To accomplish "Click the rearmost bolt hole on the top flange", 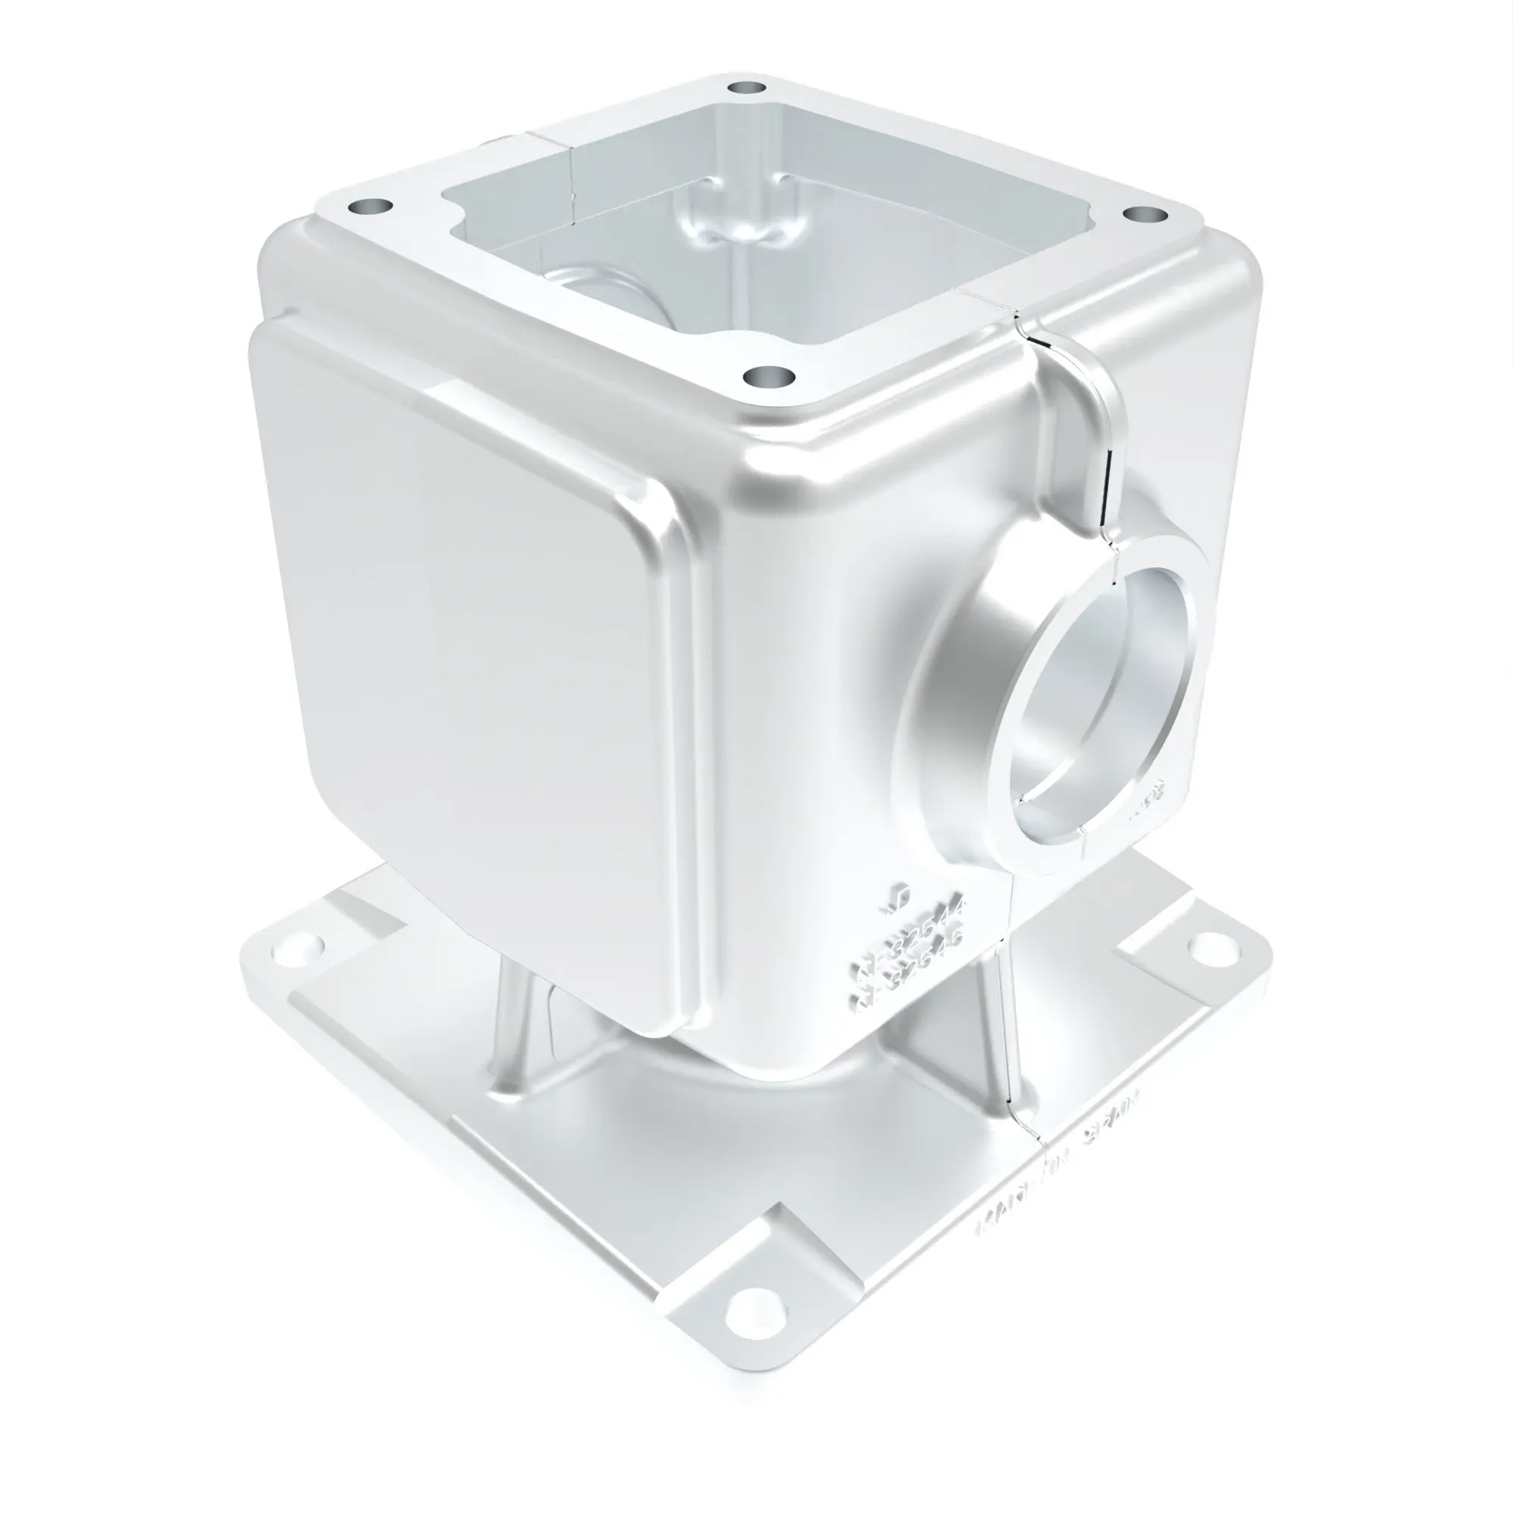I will point(746,87).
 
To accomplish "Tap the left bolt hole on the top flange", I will point(371,207).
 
